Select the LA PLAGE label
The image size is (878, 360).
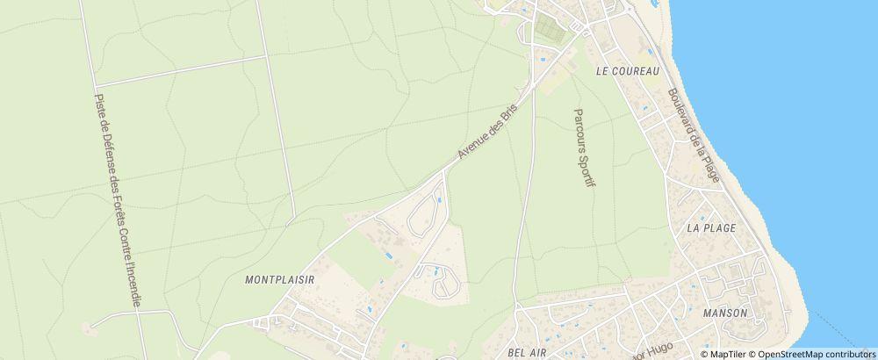711,228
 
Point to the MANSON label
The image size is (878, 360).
725,313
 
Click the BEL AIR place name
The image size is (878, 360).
529,351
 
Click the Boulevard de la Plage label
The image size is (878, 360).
693,136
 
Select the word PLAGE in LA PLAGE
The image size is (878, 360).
719,228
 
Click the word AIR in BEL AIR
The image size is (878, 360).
538,351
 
